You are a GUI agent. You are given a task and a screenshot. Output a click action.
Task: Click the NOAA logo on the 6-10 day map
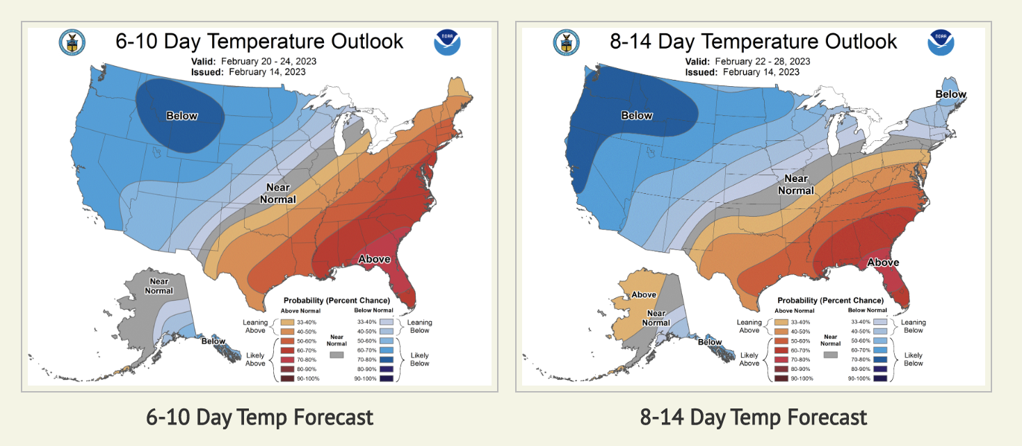[x=447, y=43]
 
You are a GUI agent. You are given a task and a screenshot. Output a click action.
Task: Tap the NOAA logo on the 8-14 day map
[x=941, y=43]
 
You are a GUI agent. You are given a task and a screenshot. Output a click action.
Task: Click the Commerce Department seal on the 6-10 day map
[x=72, y=43]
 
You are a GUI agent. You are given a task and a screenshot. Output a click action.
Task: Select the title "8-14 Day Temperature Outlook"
[x=753, y=42]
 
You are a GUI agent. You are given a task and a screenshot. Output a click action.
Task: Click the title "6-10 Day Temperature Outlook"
[x=259, y=42]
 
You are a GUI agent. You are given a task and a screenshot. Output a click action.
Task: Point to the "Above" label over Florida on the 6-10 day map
[x=374, y=259]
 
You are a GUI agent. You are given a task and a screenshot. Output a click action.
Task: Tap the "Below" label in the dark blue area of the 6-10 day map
[x=182, y=116]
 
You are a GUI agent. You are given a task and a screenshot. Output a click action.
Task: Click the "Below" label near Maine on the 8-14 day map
[x=950, y=94]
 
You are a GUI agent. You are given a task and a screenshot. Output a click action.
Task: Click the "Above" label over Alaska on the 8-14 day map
[x=644, y=295]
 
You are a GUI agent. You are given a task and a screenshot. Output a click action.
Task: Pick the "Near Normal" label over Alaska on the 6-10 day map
[x=159, y=286]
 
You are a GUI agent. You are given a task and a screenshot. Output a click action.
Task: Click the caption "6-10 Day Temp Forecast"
[x=259, y=417]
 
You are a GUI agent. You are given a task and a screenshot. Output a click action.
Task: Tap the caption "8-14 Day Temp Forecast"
[x=754, y=417]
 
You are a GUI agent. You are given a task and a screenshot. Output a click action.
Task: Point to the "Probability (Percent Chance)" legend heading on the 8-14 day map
[x=830, y=300]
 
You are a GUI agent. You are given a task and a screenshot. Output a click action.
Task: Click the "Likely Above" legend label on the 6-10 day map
[x=254, y=359]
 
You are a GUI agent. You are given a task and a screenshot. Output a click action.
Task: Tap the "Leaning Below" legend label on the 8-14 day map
[x=913, y=326]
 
